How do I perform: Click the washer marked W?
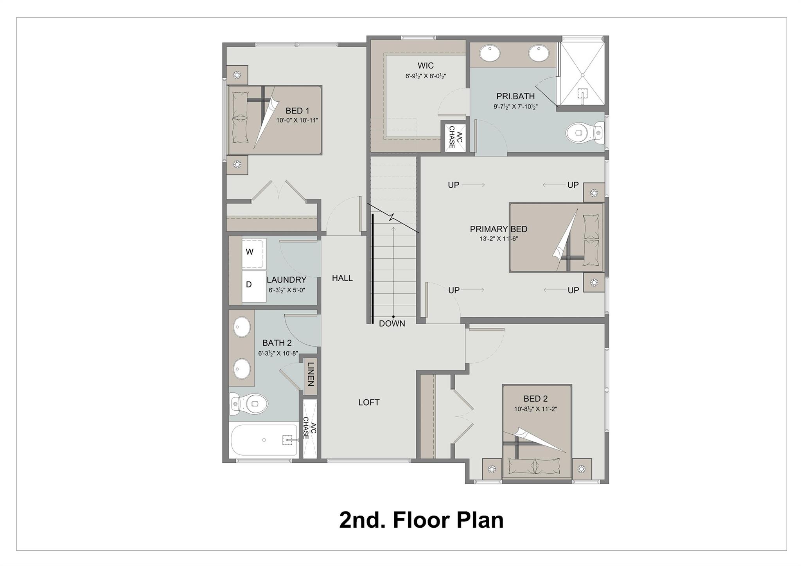[254, 253]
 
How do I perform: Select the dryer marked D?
[254, 286]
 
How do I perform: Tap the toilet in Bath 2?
[248, 403]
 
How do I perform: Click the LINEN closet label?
[311, 374]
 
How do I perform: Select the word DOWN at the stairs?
[392, 323]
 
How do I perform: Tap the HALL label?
[342, 278]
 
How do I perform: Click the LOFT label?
[369, 402]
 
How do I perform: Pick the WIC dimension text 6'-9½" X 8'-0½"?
[426, 76]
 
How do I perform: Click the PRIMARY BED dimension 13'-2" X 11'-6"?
[498, 239]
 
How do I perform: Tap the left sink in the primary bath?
[490, 53]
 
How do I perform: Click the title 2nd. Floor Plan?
[421, 520]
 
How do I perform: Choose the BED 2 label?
[535, 399]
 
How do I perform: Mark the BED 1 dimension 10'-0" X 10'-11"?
[297, 120]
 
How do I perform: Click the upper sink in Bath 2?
[242, 327]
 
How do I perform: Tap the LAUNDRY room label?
[286, 280]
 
